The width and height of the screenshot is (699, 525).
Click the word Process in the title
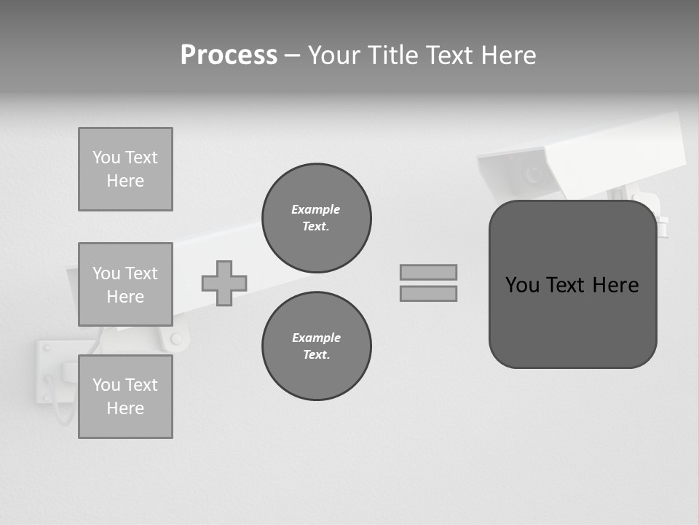click(x=229, y=55)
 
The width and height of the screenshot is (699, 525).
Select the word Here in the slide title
click(x=508, y=55)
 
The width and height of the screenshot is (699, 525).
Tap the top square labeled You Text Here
click(x=125, y=169)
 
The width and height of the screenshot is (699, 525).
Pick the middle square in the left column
click(x=125, y=284)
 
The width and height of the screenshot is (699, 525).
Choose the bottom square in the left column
click(x=125, y=397)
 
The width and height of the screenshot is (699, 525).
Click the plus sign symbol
click(x=224, y=283)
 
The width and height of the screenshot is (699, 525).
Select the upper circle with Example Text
click(x=317, y=218)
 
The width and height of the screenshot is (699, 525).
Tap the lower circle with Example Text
click(x=317, y=346)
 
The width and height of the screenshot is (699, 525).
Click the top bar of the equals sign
click(x=428, y=272)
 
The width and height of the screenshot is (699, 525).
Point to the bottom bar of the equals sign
click(x=428, y=293)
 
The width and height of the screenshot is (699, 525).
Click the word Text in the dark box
click(x=566, y=285)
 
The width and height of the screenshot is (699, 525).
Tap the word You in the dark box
click(x=522, y=285)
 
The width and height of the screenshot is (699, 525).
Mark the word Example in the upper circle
click(x=316, y=209)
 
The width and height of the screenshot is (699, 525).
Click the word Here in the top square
click(x=125, y=181)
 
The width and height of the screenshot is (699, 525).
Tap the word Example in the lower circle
click(x=316, y=338)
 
